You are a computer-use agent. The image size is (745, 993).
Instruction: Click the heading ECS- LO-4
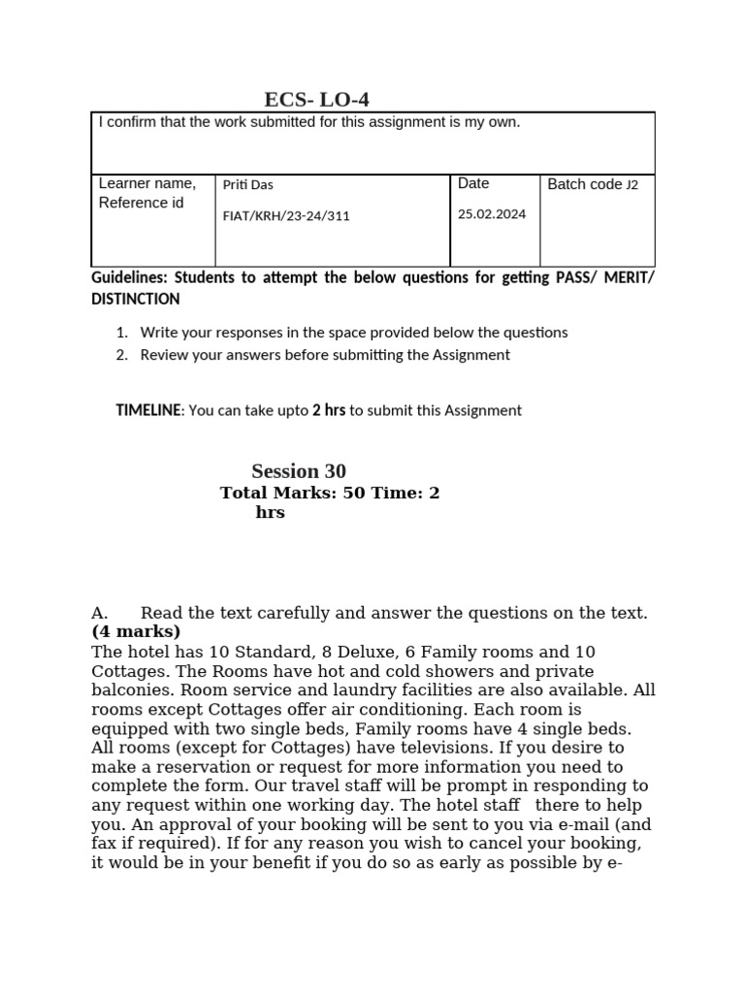tap(317, 99)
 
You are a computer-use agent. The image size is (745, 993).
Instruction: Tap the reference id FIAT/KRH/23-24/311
tap(286, 216)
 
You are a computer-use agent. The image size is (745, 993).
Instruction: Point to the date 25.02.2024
tap(492, 214)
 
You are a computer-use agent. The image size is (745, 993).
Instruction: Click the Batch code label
tap(585, 184)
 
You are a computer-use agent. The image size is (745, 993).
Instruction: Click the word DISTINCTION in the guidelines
tap(135, 300)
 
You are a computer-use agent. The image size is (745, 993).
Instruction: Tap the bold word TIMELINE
tap(148, 410)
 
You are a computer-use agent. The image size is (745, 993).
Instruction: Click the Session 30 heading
tap(299, 471)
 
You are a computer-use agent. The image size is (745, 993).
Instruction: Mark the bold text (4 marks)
tap(136, 632)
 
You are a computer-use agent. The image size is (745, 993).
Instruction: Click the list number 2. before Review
tap(122, 355)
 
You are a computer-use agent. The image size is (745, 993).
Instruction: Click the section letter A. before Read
tap(100, 613)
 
